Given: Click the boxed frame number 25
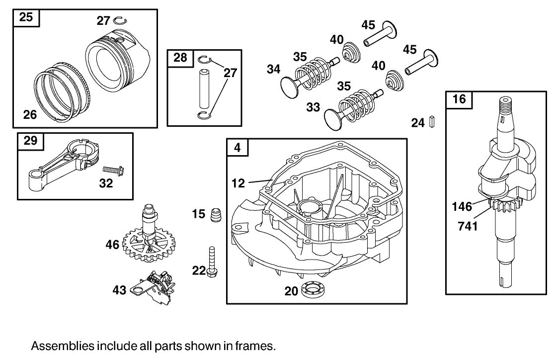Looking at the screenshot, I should click(x=26, y=18).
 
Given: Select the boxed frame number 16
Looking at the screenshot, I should click(x=459, y=99).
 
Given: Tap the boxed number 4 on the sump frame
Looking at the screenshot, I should click(x=238, y=148).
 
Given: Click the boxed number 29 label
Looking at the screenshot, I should click(x=30, y=141).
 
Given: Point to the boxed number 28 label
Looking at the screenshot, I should click(x=180, y=58).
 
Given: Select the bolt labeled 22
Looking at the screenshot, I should click(x=212, y=262).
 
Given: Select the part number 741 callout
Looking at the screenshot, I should click(x=468, y=226).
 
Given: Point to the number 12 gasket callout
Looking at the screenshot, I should click(x=238, y=183).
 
